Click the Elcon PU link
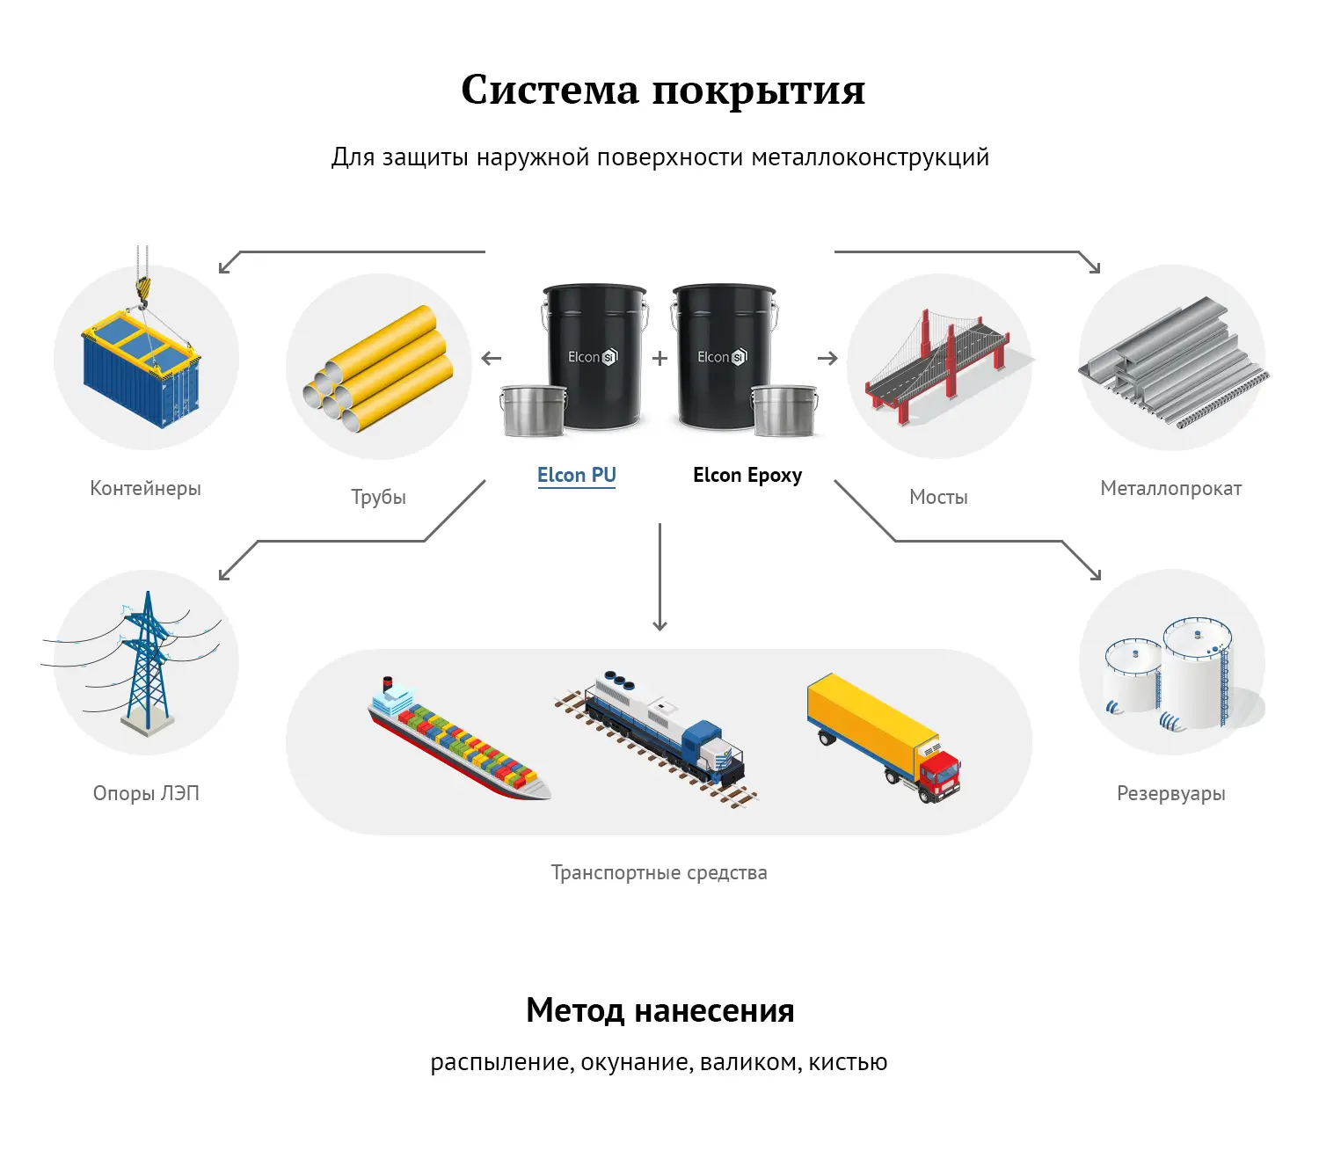pyautogui.click(x=576, y=476)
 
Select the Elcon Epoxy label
pyautogui.click(x=747, y=476)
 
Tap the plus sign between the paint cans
pyautogui.click(x=660, y=359)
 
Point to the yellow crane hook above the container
pyautogui.click(x=143, y=288)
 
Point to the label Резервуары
pyautogui.click(x=1170, y=794)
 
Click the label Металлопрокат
pyautogui.click(x=1170, y=489)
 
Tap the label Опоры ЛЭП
pyautogui.click(x=146, y=794)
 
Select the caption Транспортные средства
pyautogui.click(x=659, y=873)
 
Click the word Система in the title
pyautogui.click(x=550, y=90)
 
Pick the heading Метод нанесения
pyautogui.click(x=659, y=1011)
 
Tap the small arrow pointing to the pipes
pyautogui.click(x=492, y=359)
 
